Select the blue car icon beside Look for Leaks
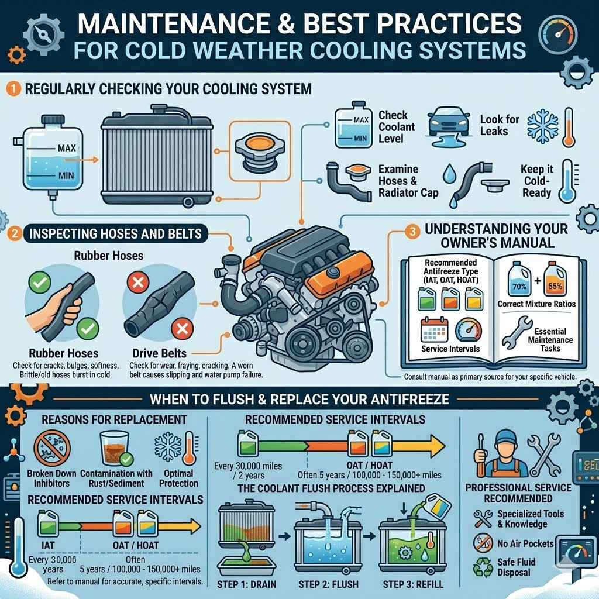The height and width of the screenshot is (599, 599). pyautogui.click(x=448, y=121)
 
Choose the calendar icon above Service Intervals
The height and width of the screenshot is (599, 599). pyautogui.click(x=434, y=329)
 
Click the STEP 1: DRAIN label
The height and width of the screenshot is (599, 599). pyautogui.click(x=247, y=584)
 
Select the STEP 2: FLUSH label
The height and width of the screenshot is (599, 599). pyautogui.click(x=328, y=584)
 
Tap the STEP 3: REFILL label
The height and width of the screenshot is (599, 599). pyautogui.click(x=413, y=584)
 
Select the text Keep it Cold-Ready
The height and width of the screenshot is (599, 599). pyautogui.click(x=536, y=181)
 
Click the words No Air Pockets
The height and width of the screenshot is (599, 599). pyautogui.click(x=524, y=543)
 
